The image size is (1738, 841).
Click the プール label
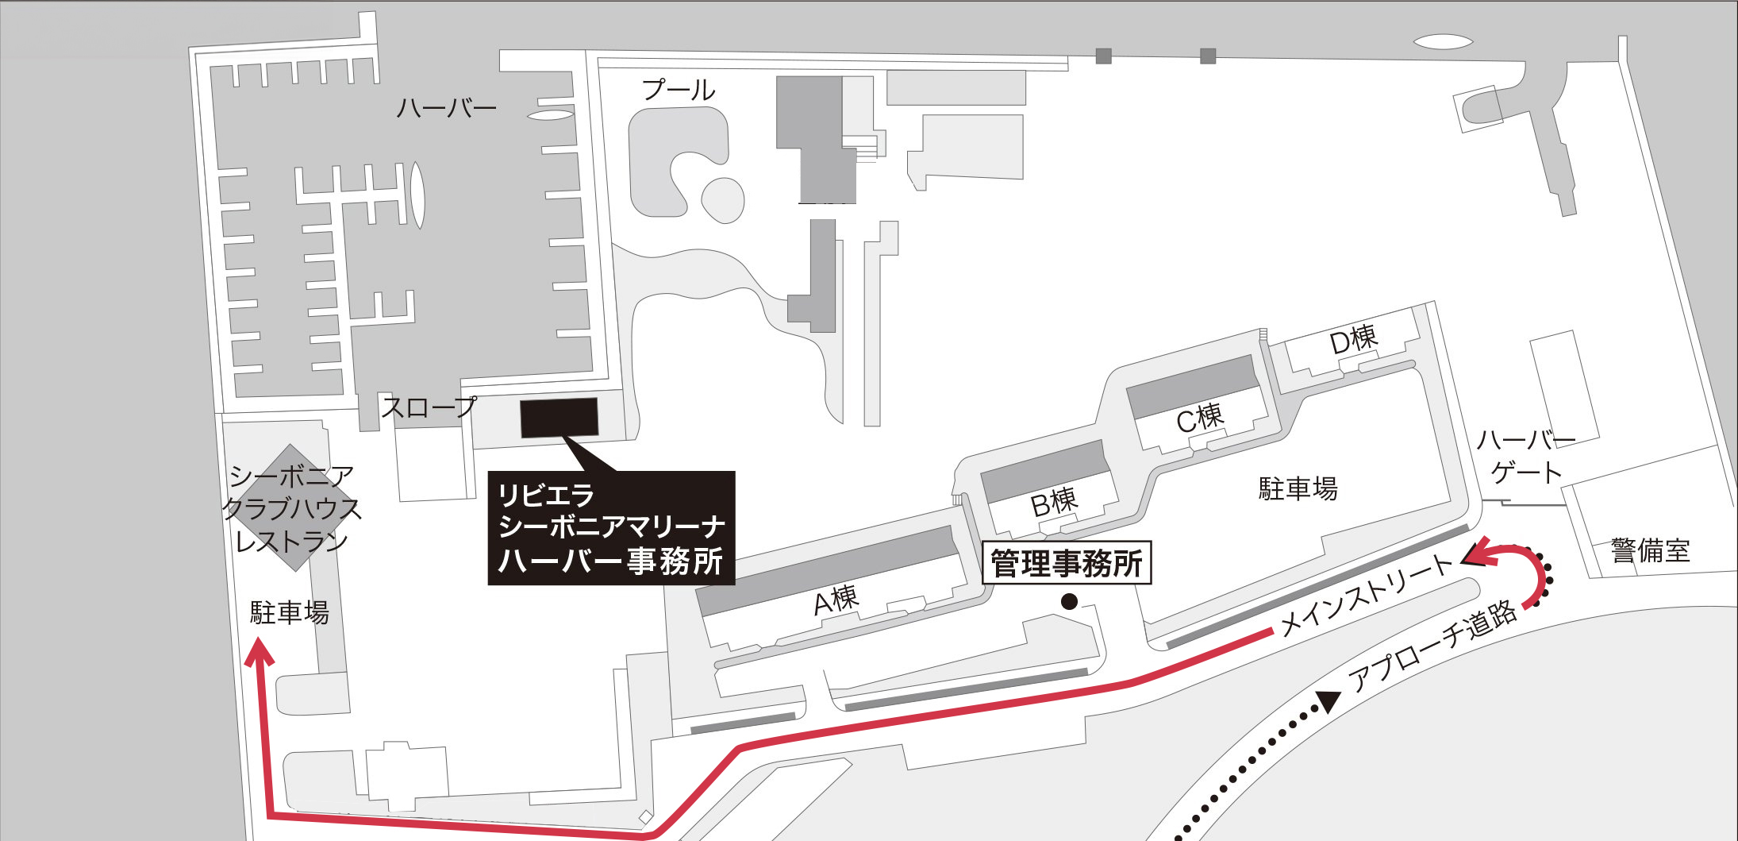(x=679, y=90)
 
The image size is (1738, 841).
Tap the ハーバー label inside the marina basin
(x=446, y=108)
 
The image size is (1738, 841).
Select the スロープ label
(x=429, y=407)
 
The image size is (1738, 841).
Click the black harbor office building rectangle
(x=559, y=418)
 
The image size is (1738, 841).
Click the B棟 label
(x=1054, y=502)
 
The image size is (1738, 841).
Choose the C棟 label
(x=1200, y=418)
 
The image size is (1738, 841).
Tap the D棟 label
(x=1353, y=340)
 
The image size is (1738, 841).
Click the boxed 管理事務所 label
(x=1067, y=564)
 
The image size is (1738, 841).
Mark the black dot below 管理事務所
(x=1069, y=602)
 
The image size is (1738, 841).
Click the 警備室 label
(x=1650, y=550)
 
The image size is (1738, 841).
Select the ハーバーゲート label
(x=1525, y=457)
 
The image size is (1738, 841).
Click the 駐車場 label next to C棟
(x=1298, y=488)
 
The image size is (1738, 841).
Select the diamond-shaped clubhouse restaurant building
(x=292, y=507)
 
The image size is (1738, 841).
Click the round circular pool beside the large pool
(x=722, y=199)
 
